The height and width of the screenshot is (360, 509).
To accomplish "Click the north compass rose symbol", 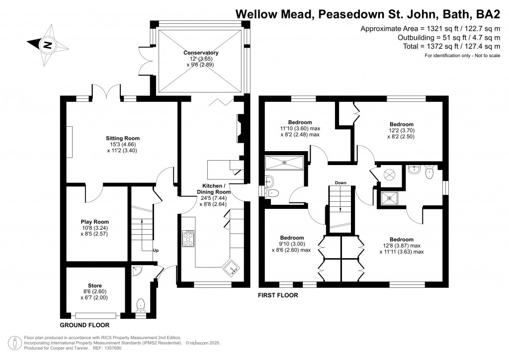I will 48,44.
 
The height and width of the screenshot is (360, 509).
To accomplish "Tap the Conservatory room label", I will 201,53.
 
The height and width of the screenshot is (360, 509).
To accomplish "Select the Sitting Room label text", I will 122,138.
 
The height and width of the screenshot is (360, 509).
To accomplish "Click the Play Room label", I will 94,222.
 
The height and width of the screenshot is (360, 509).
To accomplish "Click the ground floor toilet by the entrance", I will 141,304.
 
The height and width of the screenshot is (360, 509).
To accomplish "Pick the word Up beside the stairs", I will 156,250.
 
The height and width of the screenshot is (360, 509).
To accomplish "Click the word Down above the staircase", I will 340,182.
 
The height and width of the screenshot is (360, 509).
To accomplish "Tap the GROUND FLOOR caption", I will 85,325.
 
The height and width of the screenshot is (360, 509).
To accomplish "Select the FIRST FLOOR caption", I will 278,295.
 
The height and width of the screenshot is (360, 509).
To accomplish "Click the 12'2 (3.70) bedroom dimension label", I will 401,131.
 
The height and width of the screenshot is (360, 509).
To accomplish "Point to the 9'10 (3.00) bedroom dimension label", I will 292,244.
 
